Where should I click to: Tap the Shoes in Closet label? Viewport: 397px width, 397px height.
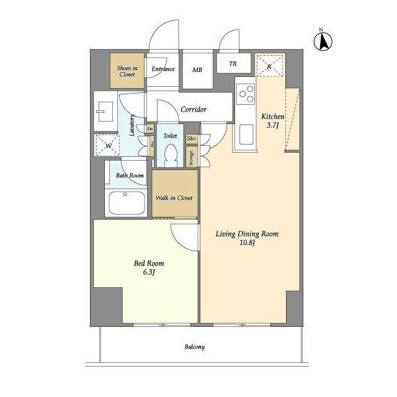coord(127,71)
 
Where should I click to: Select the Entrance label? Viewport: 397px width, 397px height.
coord(163,69)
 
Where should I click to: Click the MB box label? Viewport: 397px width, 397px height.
coord(197,70)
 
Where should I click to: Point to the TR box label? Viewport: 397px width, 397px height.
coord(233,63)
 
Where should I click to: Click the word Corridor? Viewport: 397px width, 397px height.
coord(193,109)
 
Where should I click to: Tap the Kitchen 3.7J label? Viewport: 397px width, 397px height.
coord(272,122)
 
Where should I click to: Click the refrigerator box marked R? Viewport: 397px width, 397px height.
coord(270,66)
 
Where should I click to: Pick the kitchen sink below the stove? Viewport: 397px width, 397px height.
coord(245,132)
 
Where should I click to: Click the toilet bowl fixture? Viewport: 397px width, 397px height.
coord(170,155)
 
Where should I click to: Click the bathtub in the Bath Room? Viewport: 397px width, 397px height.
coord(128,203)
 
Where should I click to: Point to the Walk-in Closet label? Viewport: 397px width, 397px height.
coord(174,198)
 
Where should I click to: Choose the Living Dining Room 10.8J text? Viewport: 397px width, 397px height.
coord(246,239)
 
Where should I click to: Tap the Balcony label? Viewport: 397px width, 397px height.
coord(194,347)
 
